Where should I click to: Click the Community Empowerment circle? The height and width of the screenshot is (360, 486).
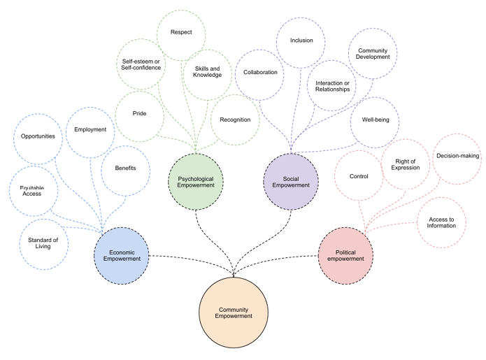(x=234, y=312)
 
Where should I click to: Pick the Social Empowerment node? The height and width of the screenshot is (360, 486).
(x=291, y=182)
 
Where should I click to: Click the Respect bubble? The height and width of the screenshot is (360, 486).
(x=181, y=32)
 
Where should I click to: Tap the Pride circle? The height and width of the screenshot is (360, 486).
(x=139, y=113)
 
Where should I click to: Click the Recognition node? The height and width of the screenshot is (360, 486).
(x=235, y=120)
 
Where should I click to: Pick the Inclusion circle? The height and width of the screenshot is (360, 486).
(x=301, y=41)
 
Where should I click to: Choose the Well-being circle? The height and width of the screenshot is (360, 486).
(x=375, y=120)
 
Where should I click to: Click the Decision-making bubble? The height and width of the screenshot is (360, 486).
(x=457, y=156)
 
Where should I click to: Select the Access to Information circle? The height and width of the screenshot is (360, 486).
(x=441, y=223)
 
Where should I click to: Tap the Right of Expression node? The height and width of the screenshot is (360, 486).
(x=406, y=164)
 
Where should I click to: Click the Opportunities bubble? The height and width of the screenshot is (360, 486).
(x=38, y=136)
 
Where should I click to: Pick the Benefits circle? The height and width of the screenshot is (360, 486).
(x=125, y=168)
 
